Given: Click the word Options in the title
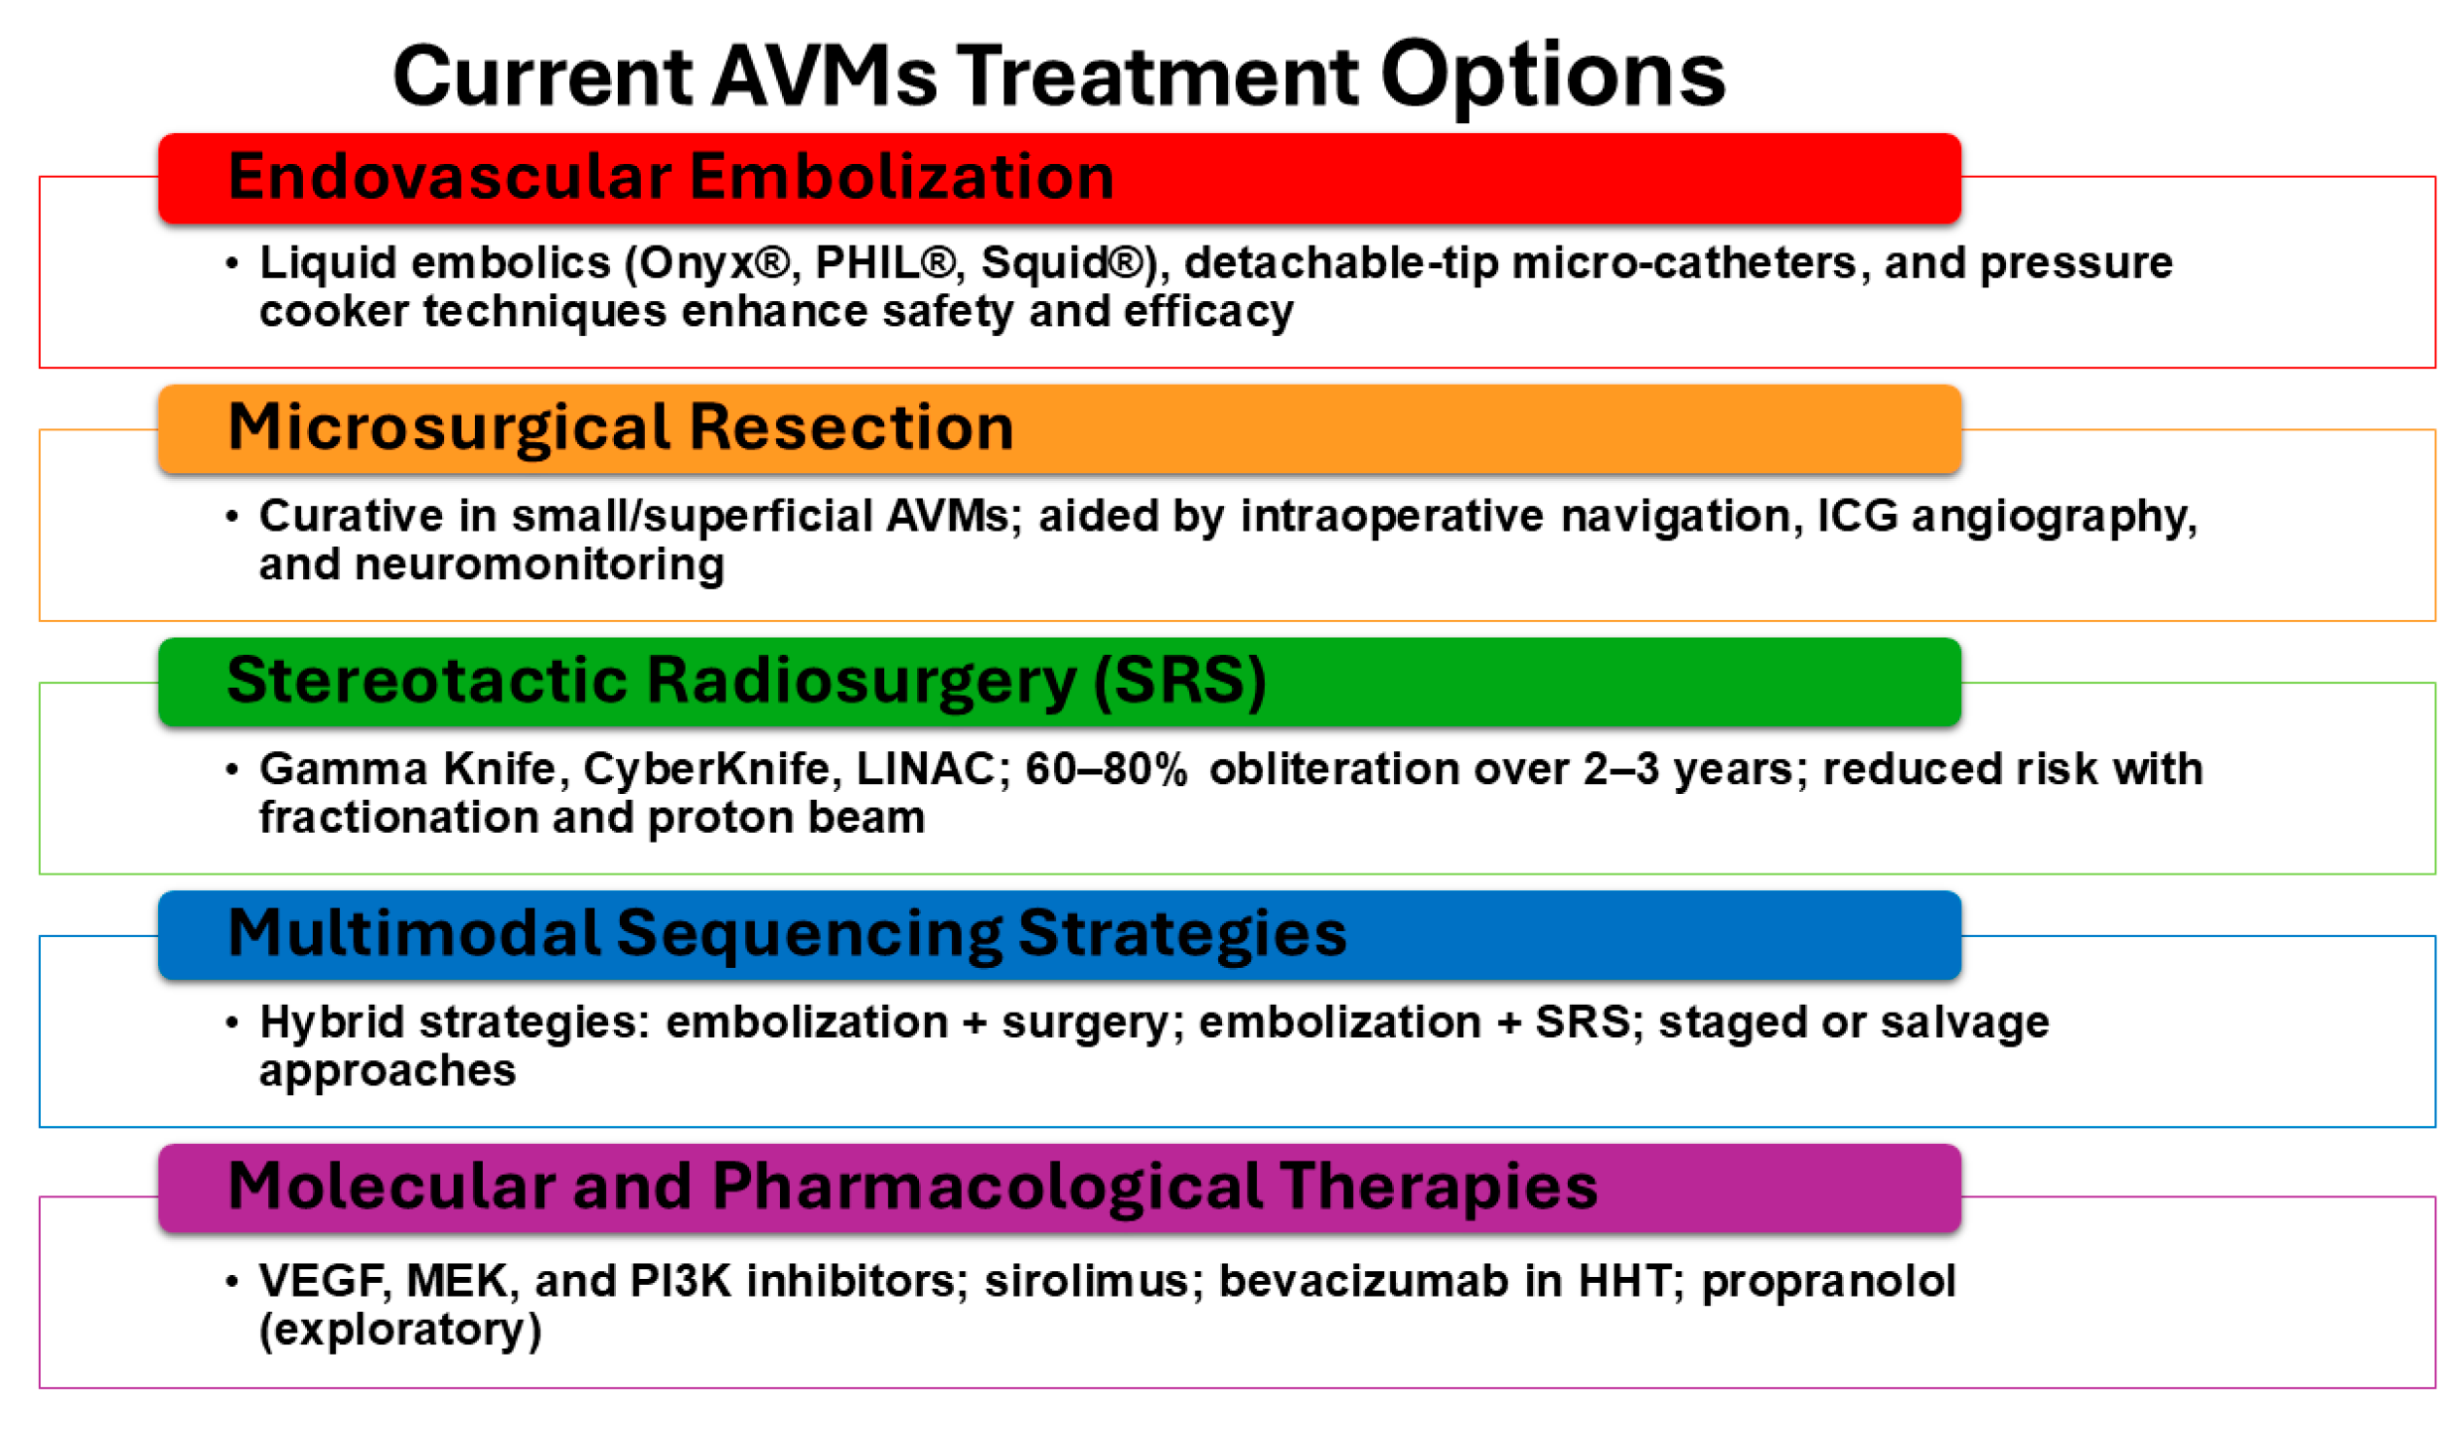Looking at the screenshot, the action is pos(1552,78).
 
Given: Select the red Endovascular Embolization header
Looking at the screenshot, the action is pos(1059,178).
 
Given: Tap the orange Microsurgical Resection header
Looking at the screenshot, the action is pos(1059,429).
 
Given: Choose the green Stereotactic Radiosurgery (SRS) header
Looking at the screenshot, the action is pos(1059,682).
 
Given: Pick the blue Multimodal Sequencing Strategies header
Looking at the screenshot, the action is pos(1059,935).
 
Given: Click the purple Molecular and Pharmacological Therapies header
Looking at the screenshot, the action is pos(1059,1188).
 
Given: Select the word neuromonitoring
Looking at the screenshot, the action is pos(539,564).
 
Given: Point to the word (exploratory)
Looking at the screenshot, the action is pos(400,1330).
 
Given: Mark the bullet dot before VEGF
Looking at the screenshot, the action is pos(232,1282).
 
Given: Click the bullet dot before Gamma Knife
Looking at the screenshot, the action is pos(232,770).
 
